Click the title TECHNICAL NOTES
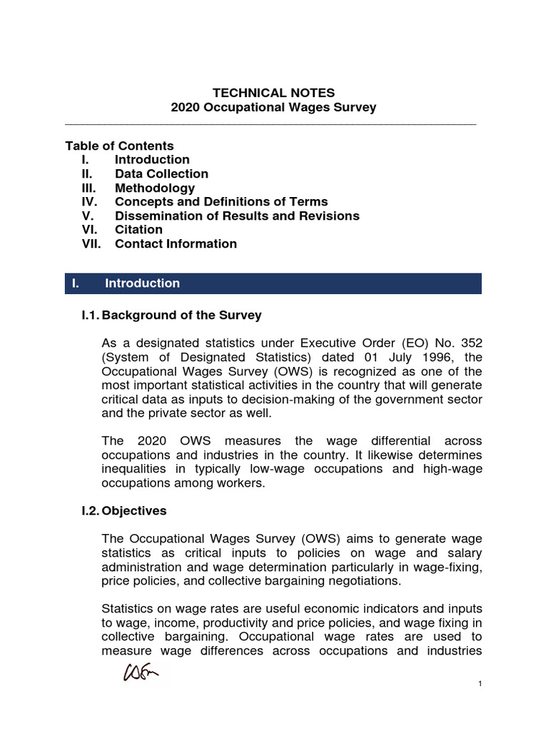(273, 93)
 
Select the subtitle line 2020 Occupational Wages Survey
(273, 108)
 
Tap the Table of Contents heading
(119, 146)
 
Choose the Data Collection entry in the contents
(161, 173)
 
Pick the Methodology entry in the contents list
(154, 188)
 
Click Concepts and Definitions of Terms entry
(221, 202)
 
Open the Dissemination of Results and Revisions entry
(237, 216)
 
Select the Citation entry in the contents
(138, 229)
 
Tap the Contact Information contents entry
(176, 243)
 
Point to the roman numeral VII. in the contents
(92, 243)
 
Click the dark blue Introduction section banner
(273, 283)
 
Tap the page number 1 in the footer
(480, 685)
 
